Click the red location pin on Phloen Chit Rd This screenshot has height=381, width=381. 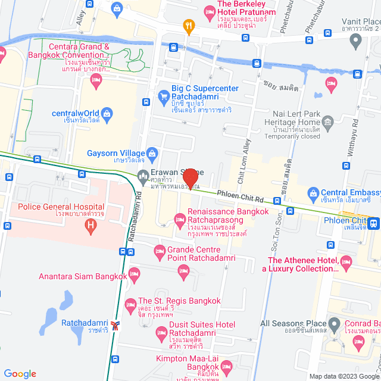pyautogui.click(x=190, y=179)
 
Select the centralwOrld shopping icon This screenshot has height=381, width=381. pyautogui.click(x=107, y=113)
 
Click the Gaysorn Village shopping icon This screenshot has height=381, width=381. pyautogui.click(x=151, y=153)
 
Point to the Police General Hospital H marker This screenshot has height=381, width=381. pyautogui.click(x=90, y=225)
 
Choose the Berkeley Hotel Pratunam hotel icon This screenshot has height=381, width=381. pyautogui.click(x=209, y=11)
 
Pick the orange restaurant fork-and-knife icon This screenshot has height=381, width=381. pyautogui.click(x=189, y=26)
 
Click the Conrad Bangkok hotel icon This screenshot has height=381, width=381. pyautogui.click(x=358, y=341)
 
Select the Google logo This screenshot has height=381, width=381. pyautogui.click(x=20, y=373)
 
